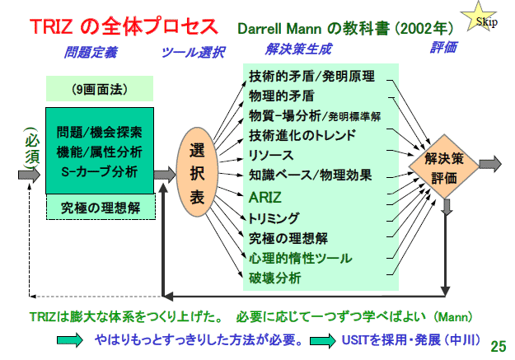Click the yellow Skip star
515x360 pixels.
pos(478,18)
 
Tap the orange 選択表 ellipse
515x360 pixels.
pos(197,172)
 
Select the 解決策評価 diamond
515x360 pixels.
pos(444,167)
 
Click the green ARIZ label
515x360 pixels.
pos(265,198)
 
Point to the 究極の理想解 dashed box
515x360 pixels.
pos(101,208)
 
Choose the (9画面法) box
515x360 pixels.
pos(100,89)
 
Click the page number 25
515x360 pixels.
pos(499,346)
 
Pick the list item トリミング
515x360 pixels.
pos(274,218)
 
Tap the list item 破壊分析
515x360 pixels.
pos(274,278)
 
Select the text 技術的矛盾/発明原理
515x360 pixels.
pos(311,77)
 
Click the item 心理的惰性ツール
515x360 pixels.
pos(300,258)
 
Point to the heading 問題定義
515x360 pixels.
pos(91,52)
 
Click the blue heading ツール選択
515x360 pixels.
pos(193,52)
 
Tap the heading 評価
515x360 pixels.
pos(443,48)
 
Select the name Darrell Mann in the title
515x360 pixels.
pos(279,29)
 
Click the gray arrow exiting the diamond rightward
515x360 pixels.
pos(490,164)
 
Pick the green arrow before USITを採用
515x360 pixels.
pos(322,340)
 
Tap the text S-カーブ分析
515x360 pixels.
pos(100,172)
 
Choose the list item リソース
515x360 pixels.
pos(270,155)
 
